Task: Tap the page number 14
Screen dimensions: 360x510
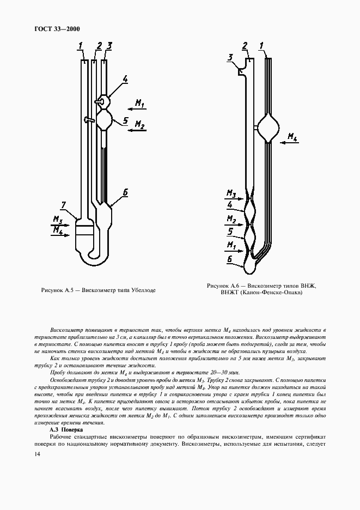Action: tap(37, 454)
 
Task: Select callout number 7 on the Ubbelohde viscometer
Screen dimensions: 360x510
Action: tap(63, 204)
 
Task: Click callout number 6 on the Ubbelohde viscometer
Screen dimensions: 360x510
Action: tap(125, 192)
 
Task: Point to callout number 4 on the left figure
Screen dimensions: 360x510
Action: tap(125, 80)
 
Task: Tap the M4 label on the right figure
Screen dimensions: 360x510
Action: tap(292, 136)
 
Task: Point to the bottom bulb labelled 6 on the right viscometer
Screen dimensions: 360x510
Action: tap(250, 266)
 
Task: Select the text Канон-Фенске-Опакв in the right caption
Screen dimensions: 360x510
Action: tap(271, 293)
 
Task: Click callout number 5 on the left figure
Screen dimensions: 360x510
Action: tap(125, 121)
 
